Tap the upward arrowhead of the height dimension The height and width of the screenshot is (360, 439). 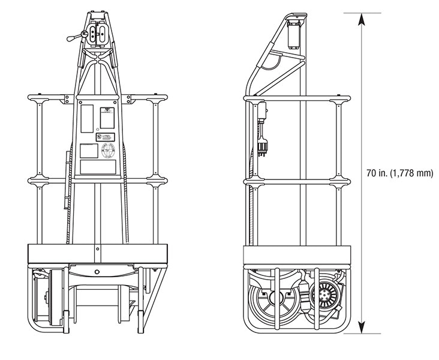(361, 17)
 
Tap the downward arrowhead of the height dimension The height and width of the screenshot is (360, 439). (361, 327)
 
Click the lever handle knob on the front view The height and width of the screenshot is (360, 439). (71, 38)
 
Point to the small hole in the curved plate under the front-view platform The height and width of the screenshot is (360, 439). (97, 271)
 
